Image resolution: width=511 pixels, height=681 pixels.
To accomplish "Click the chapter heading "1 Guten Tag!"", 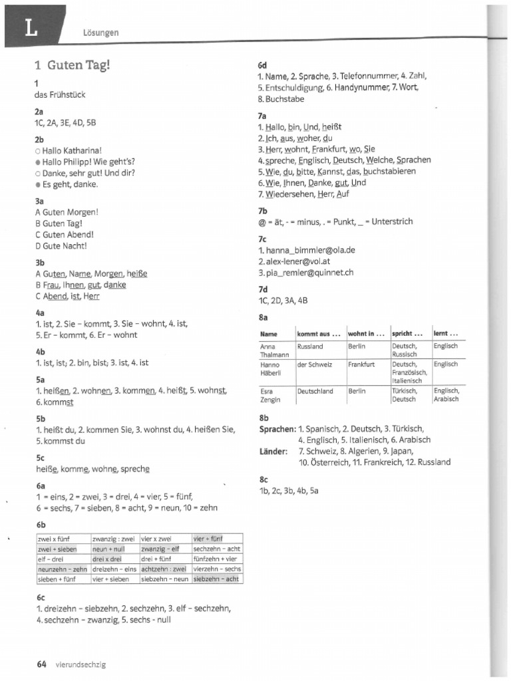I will (73, 65).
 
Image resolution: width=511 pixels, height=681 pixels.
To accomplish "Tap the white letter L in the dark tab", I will (30, 27).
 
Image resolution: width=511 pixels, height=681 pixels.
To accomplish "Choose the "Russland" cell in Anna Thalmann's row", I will (310, 346).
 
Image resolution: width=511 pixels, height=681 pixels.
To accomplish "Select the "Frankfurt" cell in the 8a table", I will (361, 364).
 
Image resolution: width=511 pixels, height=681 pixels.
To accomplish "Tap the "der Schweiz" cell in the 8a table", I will (315, 364).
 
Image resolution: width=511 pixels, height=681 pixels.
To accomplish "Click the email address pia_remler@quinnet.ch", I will (309, 272).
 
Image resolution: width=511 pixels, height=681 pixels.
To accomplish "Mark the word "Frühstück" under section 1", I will (69, 94).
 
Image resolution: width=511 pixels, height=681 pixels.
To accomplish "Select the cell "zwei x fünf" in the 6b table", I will (55, 538).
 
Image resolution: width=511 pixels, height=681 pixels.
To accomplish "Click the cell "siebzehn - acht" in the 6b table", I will (216, 579).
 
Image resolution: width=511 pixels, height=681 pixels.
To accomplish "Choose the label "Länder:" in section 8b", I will (273, 452).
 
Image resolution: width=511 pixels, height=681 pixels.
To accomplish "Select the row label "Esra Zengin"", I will (270, 395).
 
